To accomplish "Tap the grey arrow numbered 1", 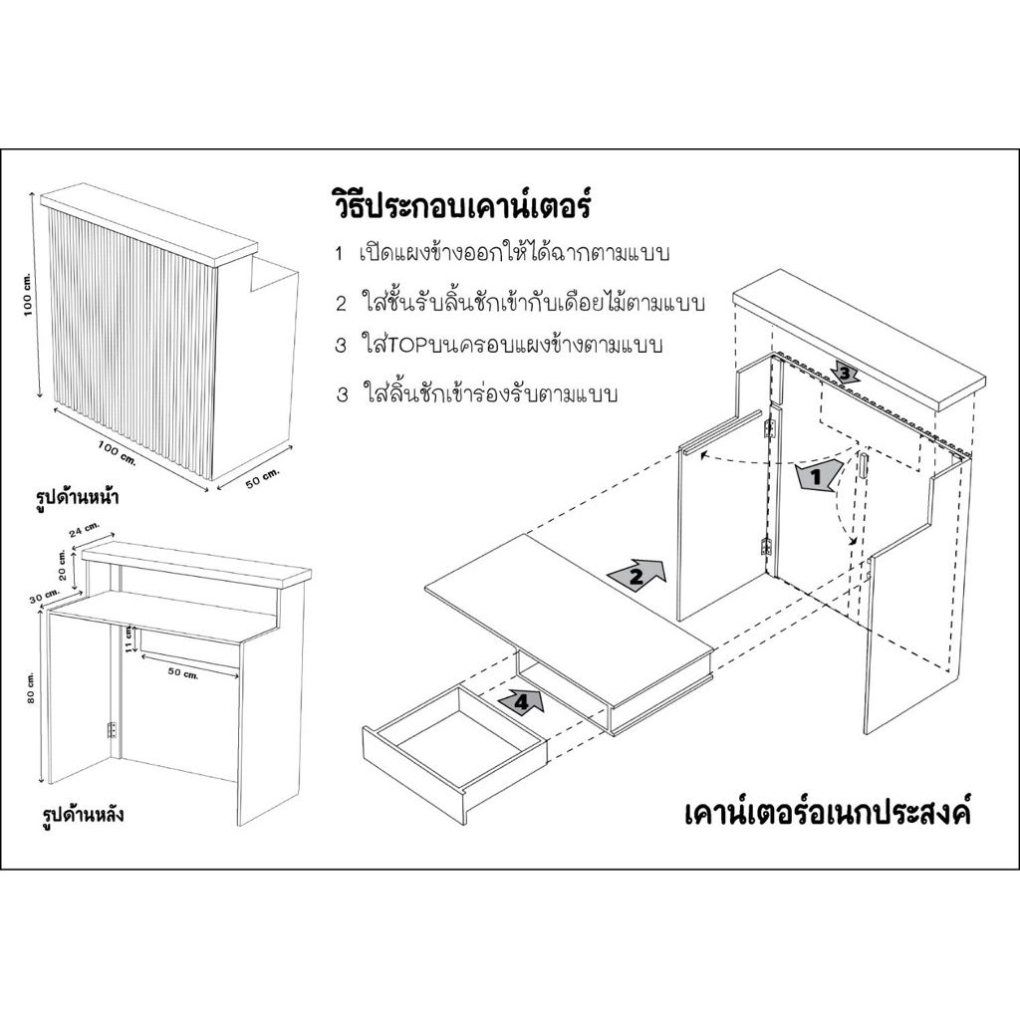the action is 819,477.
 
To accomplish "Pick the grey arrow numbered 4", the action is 522,701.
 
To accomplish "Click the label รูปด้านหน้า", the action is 78,498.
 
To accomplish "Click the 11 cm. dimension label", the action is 128,638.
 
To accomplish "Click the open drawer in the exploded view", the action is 456,741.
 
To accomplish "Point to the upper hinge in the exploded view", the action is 771,428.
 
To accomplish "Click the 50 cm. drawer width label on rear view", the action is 183,672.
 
